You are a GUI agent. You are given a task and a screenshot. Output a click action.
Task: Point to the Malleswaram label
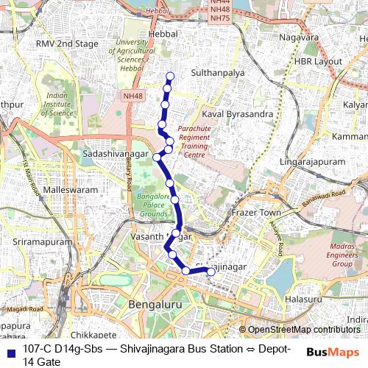pyautogui.click(x=66, y=189)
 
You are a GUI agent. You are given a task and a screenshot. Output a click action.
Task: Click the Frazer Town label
pyautogui.click(x=256, y=213)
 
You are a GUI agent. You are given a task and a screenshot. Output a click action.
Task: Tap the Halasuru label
pyautogui.click(x=304, y=300)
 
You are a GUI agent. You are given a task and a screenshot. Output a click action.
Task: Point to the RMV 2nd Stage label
pyautogui.click(x=67, y=44)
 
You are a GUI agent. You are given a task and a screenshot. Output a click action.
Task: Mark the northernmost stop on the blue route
pyautogui.click(x=170, y=76)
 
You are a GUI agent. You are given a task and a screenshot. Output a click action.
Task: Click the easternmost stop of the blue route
pyautogui.click(x=210, y=272)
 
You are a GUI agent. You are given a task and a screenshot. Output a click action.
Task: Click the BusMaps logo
pyautogui.click(x=332, y=353)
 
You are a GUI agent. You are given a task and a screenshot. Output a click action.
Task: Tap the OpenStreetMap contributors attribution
pyautogui.click(x=304, y=330)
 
